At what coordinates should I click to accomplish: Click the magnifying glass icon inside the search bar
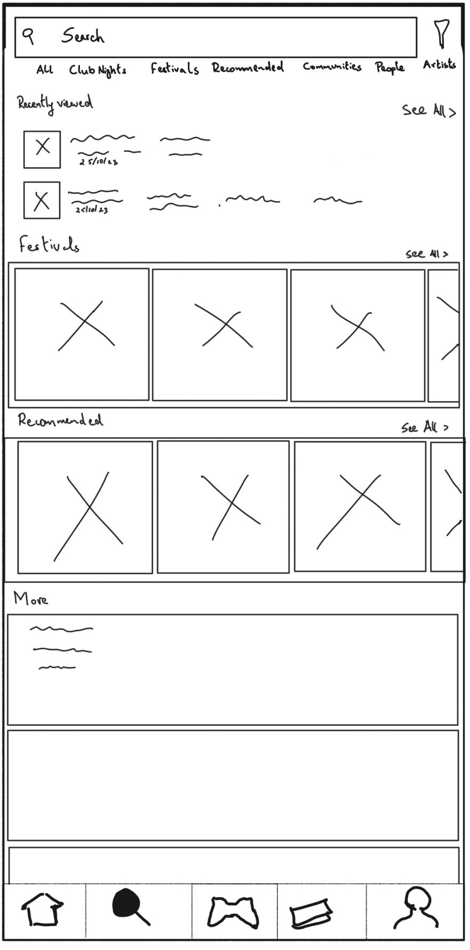[28, 36]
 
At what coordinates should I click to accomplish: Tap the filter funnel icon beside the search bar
[441, 33]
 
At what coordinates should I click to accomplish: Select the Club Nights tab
[98, 70]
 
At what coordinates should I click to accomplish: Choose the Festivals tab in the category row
[174, 68]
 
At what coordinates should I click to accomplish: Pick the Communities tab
[332, 67]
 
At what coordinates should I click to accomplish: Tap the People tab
[389, 67]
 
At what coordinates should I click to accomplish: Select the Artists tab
[440, 65]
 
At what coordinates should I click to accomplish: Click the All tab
[45, 69]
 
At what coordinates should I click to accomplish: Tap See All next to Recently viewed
[429, 111]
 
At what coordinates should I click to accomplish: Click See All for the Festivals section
[427, 254]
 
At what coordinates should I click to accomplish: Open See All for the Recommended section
[425, 427]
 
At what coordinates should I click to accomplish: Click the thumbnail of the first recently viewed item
[42, 149]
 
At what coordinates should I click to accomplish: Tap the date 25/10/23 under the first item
[99, 162]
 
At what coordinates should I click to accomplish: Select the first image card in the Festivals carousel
[82, 334]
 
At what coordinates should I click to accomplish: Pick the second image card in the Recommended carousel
[224, 507]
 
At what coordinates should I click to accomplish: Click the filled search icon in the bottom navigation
[130, 907]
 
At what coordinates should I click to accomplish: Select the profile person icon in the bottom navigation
[416, 908]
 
